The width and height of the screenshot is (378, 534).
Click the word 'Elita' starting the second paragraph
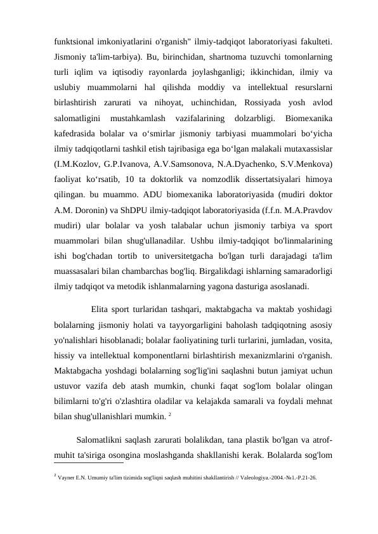(101, 309)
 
